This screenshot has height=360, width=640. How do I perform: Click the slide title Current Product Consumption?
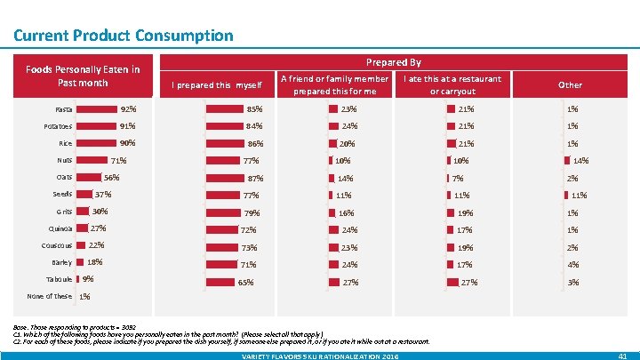pos(124,36)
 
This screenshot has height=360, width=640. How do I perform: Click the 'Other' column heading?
pos(570,85)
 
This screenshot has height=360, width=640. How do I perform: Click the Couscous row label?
pos(57,245)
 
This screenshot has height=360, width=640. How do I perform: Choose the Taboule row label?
pos(59,279)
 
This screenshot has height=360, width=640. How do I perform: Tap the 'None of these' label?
pos(50,296)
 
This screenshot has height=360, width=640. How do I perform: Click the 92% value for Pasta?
pos(129,108)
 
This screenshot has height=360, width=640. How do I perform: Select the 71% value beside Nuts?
pos(118,161)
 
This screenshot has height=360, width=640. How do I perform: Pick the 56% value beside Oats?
pos(111,177)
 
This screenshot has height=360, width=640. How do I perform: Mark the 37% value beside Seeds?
pos(103,194)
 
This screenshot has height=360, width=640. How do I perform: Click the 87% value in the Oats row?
pos(255,178)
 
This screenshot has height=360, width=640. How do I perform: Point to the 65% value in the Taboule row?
pos(246,283)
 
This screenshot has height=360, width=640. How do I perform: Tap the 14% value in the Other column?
pos(581,161)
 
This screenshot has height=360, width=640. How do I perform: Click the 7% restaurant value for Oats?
pos(459,178)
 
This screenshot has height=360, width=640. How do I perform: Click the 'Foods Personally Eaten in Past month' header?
pos(83,76)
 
